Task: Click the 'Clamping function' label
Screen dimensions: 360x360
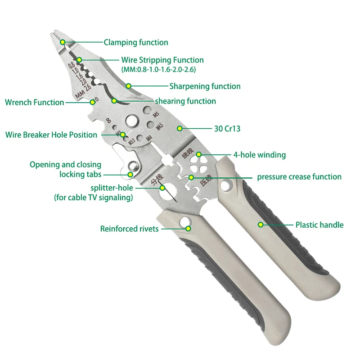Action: point(136,43)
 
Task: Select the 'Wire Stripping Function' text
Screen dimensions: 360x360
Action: point(162,60)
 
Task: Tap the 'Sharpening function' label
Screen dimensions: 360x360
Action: point(205,86)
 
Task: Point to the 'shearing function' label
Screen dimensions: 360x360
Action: point(185,101)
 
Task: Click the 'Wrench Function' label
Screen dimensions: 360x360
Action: point(35,102)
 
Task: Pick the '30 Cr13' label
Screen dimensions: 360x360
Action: point(227,129)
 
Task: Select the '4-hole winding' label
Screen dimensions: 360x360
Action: point(259,155)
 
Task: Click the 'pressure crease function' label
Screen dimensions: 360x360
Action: point(299,177)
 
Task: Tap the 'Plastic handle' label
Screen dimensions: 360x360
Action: point(319,225)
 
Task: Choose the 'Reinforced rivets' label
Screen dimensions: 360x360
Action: point(130,229)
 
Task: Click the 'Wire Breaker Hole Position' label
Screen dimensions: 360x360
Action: point(51,135)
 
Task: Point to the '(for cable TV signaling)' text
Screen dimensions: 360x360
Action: point(94,198)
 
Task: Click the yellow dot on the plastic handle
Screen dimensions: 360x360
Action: point(260,224)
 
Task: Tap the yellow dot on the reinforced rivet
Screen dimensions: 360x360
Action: point(189,229)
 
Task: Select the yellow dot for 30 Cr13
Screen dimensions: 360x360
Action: point(180,129)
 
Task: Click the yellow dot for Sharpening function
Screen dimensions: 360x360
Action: point(128,86)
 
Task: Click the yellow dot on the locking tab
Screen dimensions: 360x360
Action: point(130,174)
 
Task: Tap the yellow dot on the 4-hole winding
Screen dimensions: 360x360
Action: point(199,155)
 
